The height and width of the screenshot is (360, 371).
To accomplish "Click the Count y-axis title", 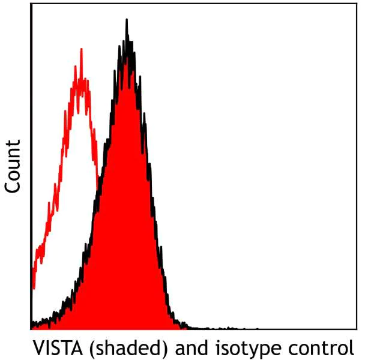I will [13, 166].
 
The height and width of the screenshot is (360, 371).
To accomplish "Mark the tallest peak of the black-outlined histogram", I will [126, 20].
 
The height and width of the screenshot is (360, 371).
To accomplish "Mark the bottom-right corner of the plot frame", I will [357, 329].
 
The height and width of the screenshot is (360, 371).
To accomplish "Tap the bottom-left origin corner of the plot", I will [31, 329].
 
